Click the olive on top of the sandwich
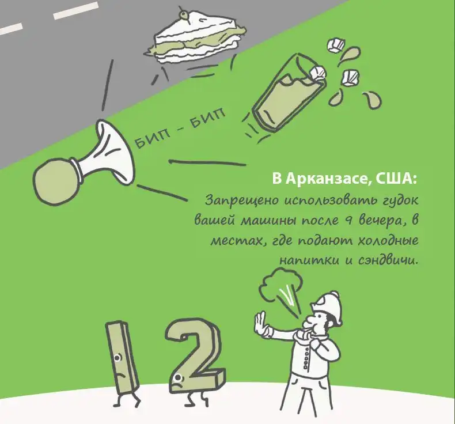(183, 13)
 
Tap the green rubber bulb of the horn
(56, 181)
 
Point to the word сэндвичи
(389, 260)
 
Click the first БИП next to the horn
(151, 139)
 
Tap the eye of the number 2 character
(177, 377)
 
